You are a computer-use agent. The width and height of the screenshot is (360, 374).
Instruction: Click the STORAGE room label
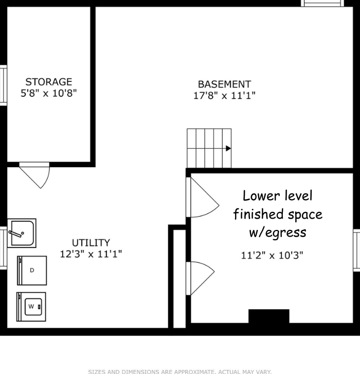pyautogui.click(x=49, y=82)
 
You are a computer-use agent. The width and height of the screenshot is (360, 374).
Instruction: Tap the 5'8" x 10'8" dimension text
pyautogui.click(x=49, y=93)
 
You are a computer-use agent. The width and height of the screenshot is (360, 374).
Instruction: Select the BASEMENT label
pyautogui.click(x=224, y=84)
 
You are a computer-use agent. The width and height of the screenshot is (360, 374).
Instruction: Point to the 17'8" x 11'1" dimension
pyautogui.click(x=224, y=95)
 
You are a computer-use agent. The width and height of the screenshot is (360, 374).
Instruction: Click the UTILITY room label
pyautogui.click(x=91, y=243)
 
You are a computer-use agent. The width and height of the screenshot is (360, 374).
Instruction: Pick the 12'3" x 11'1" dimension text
pyautogui.click(x=91, y=254)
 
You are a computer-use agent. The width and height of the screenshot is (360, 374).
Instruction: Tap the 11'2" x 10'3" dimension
pyautogui.click(x=272, y=255)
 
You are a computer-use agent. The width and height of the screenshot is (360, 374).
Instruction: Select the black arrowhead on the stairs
pyautogui.click(x=228, y=148)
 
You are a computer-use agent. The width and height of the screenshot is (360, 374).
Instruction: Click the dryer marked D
pyautogui.click(x=32, y=271)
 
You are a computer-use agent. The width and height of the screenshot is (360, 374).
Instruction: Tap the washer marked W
pyautogui.click(x=31, y=307)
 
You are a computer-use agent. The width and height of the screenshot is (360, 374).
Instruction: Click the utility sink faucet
pyautogui.click(x=16, y=233)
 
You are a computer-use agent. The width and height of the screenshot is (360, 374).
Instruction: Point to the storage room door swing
pyautogui.click(x=34, y=175)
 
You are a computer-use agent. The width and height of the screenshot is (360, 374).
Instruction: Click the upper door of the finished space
pyautogui.click(x=203, y=197)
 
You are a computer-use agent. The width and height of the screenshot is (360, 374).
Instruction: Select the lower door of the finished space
pyautogui.click(x=201, y=278)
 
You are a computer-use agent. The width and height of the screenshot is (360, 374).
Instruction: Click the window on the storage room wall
pyautogui.click(x=3, y=85)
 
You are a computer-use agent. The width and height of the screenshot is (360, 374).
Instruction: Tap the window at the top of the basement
pyautogui.click(x=322, y=3)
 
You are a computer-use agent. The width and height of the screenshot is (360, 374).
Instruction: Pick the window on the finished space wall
pyautogui.click(x=357, y=251)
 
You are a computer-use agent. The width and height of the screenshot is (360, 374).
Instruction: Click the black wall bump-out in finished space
pyautogui.click(x=269, y=316)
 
